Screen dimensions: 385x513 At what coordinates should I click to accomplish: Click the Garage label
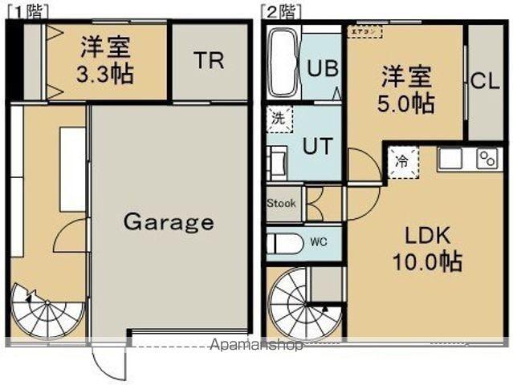[169, 221]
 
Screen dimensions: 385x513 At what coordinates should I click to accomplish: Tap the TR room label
[208, 62]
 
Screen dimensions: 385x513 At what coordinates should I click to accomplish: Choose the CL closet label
[486, 81]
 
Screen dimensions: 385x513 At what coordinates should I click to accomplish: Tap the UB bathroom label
[323, 67]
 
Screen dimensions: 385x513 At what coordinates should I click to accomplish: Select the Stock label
[281, 203]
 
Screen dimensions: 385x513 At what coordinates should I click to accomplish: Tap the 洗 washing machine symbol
[278, 117]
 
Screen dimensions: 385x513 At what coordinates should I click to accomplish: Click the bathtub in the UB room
[283, 63]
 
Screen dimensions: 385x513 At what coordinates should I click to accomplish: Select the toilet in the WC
[284, 242]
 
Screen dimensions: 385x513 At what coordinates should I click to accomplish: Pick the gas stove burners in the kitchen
[487, 157]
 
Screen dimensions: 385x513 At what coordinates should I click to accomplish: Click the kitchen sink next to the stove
[450, 158]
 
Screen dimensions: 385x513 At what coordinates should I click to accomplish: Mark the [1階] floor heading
[26, 10]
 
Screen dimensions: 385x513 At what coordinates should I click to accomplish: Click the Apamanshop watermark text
[255, 346]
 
